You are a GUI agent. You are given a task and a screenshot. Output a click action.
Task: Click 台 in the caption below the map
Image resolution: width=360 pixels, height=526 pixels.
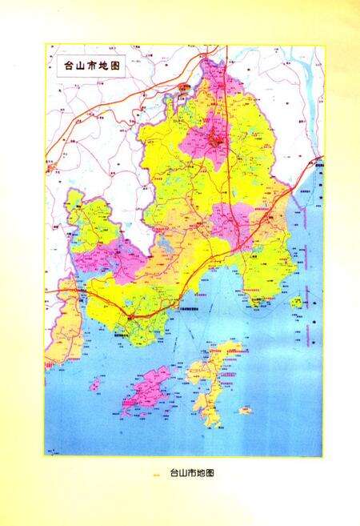coord(174,473)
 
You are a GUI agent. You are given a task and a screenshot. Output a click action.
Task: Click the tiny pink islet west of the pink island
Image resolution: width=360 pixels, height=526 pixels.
coord(95,386)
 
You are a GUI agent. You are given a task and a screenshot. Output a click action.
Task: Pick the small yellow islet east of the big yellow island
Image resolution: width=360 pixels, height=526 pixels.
coord(244,410)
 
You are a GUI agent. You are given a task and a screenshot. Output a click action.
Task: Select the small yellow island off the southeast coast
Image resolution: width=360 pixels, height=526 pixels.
coord(297,303)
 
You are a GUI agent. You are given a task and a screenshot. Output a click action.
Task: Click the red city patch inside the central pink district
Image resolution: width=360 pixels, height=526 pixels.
coord(214,143)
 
